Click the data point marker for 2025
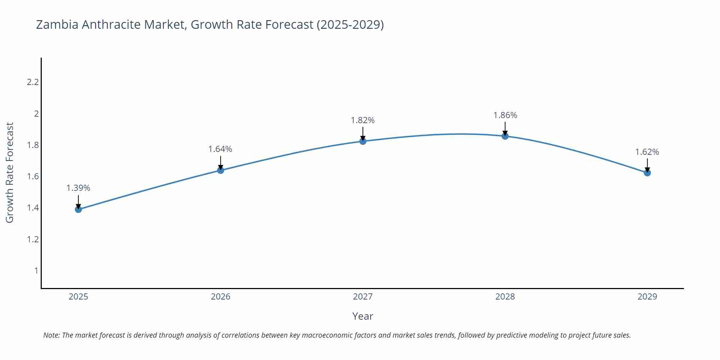tap(78, 209)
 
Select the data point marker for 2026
tap(221, 170)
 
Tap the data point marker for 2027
tap(363, 141)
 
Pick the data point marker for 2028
tap(505, 136)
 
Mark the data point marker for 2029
tap(647, 173)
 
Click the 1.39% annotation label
tap(78, 188)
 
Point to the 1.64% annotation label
tap(220, 149)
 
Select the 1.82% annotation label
tap(363, 120)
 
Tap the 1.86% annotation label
tap(505, 115)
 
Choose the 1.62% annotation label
tap(647, 152)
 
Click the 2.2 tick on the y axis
tap(33, 82)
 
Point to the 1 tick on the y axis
tap(36, 270)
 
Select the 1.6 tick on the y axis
tap(33, 176)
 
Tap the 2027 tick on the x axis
tap(363, 297)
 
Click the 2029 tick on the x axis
tap(647, 297)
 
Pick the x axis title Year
tap(363, 316)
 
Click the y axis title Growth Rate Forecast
tap(10, 172)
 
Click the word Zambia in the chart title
tap(57, 24)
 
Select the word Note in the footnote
tap(51, 335)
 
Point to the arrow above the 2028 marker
tap(505, 128)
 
